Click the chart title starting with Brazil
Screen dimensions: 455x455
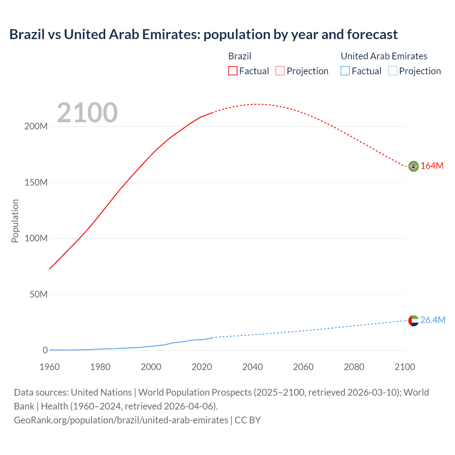(x=203, y=34)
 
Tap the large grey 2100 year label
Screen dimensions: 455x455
(x=87, y=112)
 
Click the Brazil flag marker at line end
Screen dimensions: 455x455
(x=413, y=166)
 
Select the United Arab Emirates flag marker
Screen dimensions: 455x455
(x=413, y=320)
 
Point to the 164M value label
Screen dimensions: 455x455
(x=432, y=166)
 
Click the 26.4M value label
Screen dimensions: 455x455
(x=433, y=320)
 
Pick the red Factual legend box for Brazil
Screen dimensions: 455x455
(x=233, y=71)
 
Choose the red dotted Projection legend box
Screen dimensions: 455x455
(x=280, y=71)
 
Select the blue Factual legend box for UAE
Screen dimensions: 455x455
(x=345, y=71)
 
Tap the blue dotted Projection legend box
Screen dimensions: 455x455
(x=393, y=71)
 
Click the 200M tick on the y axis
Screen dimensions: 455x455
(x=36, y=127)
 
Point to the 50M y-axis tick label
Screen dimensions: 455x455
(x=38, y=294)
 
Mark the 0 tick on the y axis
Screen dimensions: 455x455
(x=45, y=350)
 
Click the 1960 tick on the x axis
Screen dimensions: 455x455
(x=49, y=367)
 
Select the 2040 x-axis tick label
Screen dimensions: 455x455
(x=252, y=367)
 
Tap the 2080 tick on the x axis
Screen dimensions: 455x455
(x=354, y=367)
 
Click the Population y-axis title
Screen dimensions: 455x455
(x=15, y=221)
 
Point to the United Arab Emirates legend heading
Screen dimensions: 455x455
(x=384, y=56)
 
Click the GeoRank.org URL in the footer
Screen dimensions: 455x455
(x=121, y=420)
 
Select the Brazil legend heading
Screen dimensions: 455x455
(x=240, y=56)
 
